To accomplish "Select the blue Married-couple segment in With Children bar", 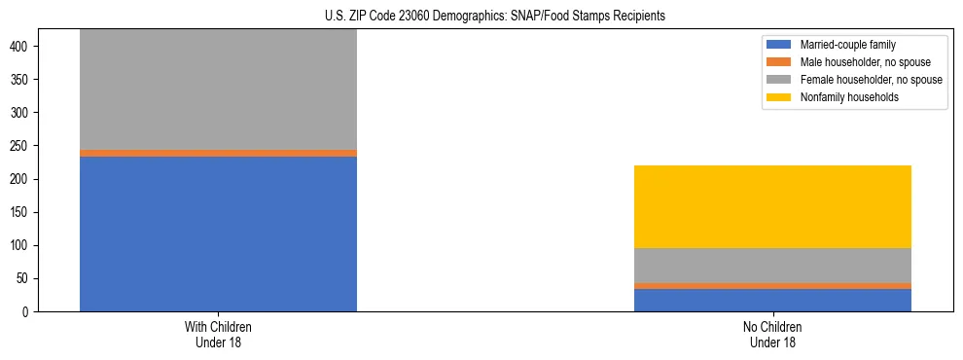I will pos(218,234).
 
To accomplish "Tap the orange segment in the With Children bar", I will pos(218,153).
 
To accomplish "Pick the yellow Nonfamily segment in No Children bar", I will pos(772,206).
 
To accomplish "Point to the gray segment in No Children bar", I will pos(772,266).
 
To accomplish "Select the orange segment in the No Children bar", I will pos(772,286).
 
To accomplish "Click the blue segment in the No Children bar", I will pos(772,300).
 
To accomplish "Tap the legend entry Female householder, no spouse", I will pos(871,80).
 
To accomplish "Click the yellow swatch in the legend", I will pos(779,97).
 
